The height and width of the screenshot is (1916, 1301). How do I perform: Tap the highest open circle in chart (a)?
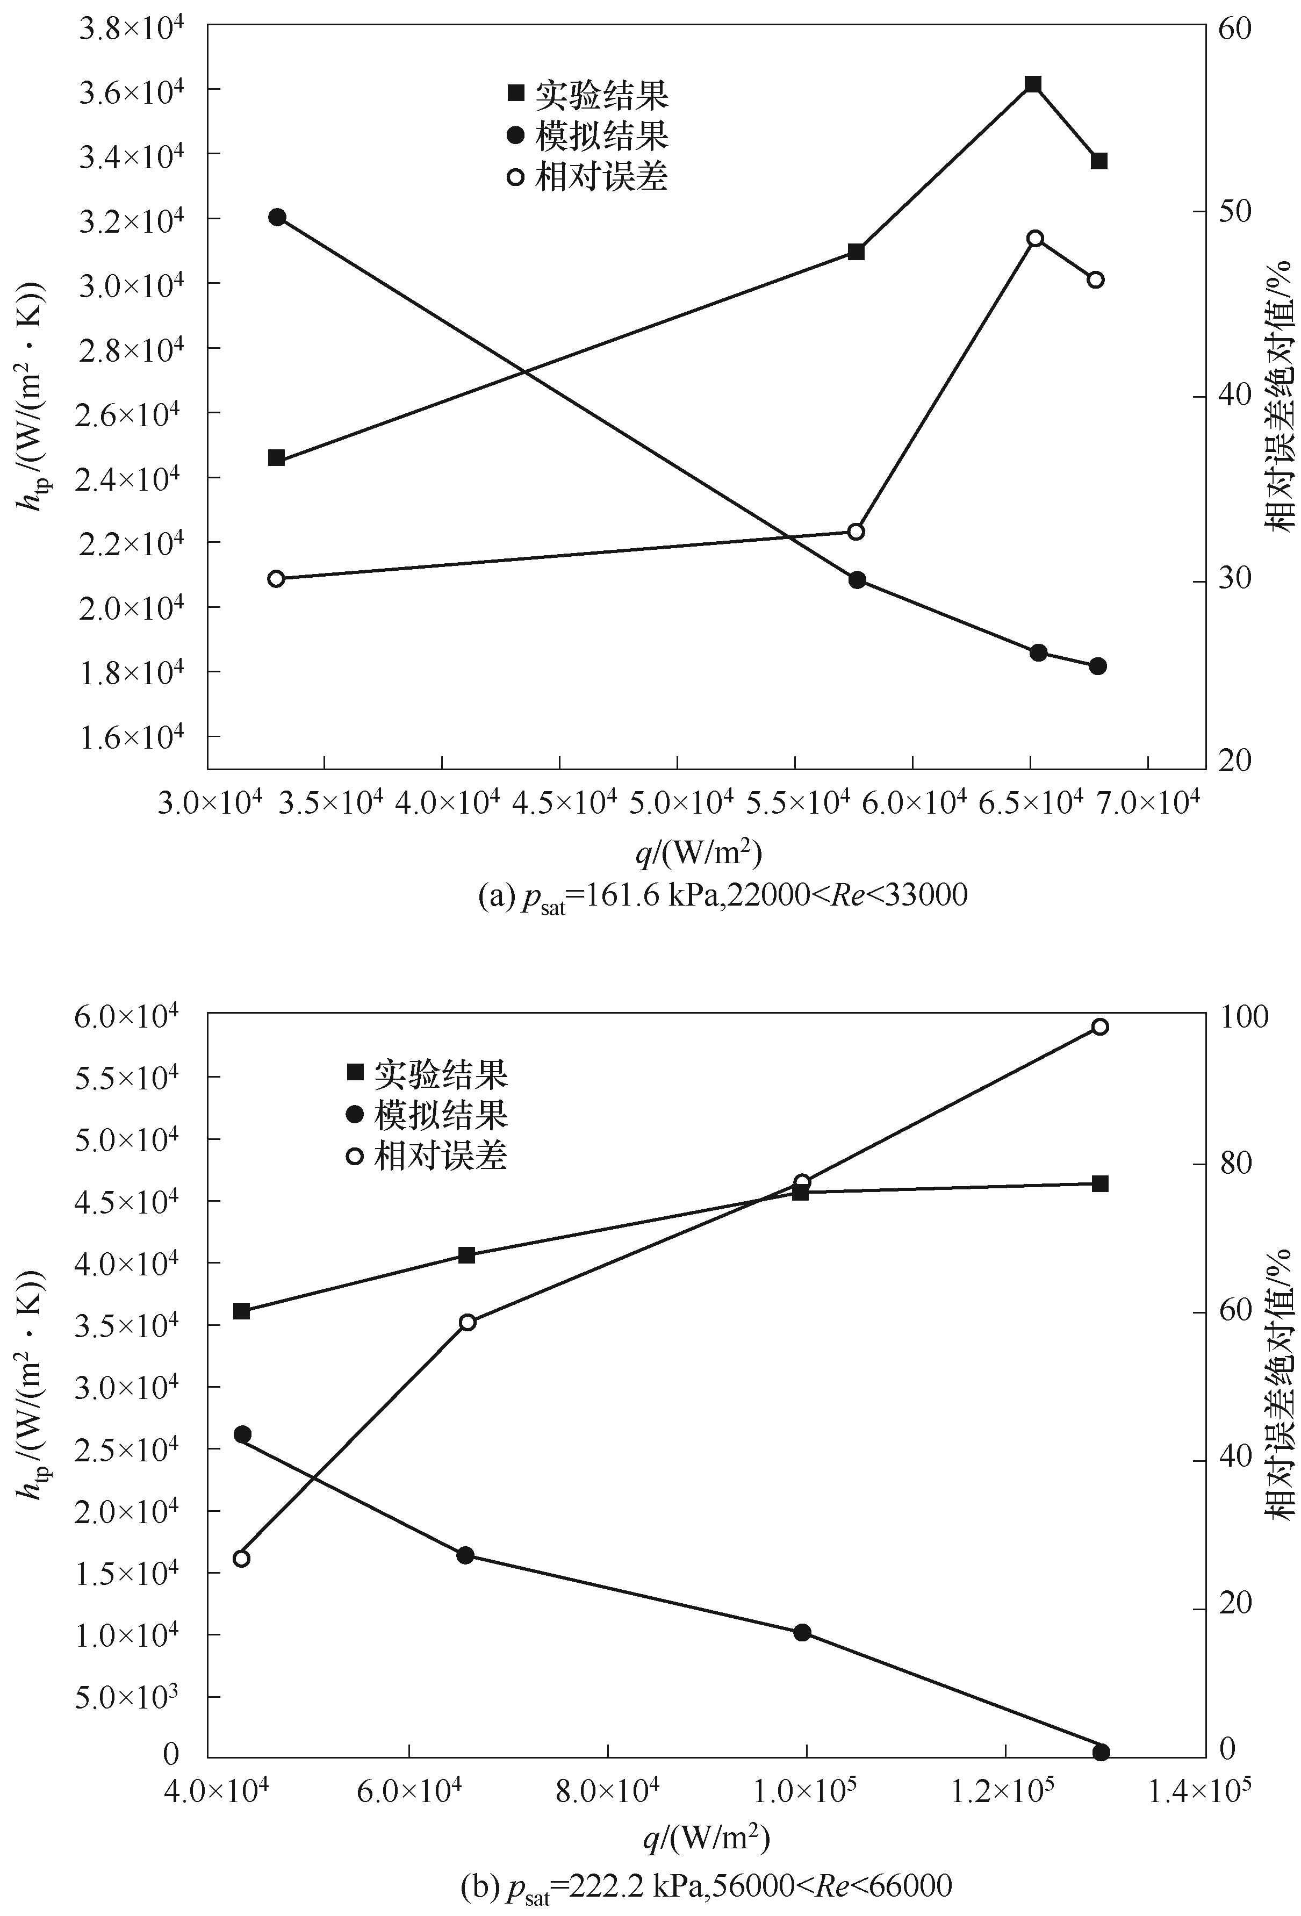(1036, 238)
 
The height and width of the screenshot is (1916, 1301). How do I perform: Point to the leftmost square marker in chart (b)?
(242, 1311)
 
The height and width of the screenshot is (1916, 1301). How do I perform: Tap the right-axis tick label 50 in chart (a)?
(1234, 212)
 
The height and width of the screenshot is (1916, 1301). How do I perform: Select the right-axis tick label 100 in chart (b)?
(1238, 1016)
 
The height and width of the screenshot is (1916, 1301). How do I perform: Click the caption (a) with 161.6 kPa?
(722, 896)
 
